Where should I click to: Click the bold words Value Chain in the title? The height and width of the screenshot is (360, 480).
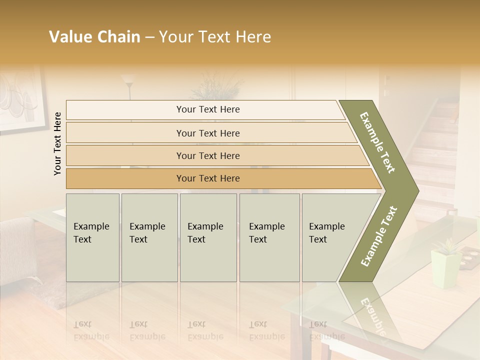click(94, 37)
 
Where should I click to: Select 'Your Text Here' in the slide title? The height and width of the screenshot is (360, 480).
click(215, 37)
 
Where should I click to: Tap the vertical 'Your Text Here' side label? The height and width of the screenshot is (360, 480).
click(57, 143)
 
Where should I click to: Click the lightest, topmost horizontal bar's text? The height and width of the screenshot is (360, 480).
click(208, 109)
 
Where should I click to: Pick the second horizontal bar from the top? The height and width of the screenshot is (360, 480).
click(208, 133)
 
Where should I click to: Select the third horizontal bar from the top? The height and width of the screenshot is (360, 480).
click(208, 156)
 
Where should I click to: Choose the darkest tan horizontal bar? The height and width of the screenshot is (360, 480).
click(208, 178)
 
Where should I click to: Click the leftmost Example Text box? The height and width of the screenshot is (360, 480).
click(92, 237)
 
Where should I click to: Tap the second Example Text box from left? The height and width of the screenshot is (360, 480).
click(149, 237)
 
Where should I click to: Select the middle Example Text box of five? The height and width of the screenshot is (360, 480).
click(208, 237)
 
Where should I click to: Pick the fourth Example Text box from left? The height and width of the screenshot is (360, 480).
click(269, 237)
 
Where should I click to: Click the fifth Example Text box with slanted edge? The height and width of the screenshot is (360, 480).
click(330, 237)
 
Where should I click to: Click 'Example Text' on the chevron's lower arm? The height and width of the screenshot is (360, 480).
click(379, 236)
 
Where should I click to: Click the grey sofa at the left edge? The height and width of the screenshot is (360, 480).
click(17, 250)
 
